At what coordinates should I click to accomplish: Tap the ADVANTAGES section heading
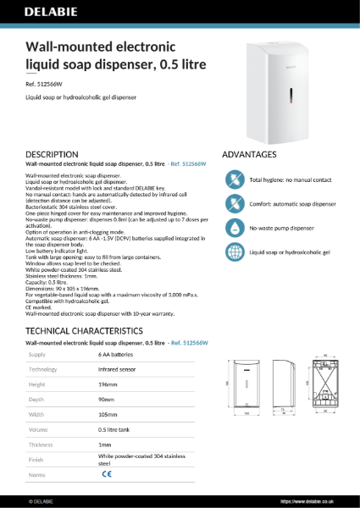[249, 155]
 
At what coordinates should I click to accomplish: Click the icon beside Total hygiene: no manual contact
[234, 180]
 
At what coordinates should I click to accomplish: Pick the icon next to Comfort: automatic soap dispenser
[234, 204]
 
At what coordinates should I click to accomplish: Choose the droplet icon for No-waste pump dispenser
[234, 229]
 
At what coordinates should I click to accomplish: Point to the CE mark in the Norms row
[106, 476]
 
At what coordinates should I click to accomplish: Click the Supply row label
[39, 356]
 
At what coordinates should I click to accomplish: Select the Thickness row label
[42, 444]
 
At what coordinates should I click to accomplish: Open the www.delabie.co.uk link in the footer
[325, 501]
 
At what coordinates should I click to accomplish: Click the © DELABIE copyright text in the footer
[42, 501]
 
